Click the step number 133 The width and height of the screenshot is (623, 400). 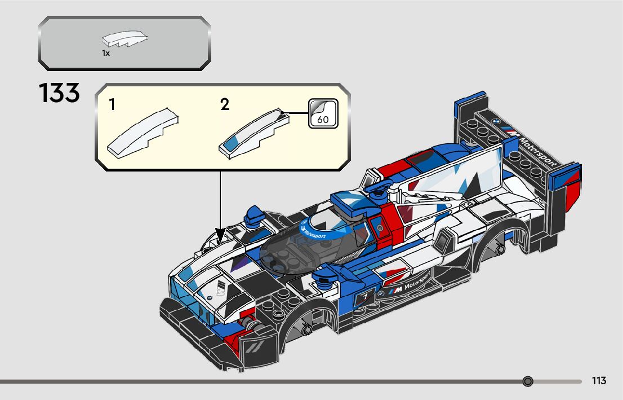59,94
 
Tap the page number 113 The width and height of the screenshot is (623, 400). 599,381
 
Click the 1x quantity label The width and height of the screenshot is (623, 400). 106,53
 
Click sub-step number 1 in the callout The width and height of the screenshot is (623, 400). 113,104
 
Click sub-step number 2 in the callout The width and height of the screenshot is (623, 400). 225,104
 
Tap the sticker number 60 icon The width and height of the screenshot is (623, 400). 323,113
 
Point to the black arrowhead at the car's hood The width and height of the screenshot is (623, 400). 220,234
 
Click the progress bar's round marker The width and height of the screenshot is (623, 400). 528,382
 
